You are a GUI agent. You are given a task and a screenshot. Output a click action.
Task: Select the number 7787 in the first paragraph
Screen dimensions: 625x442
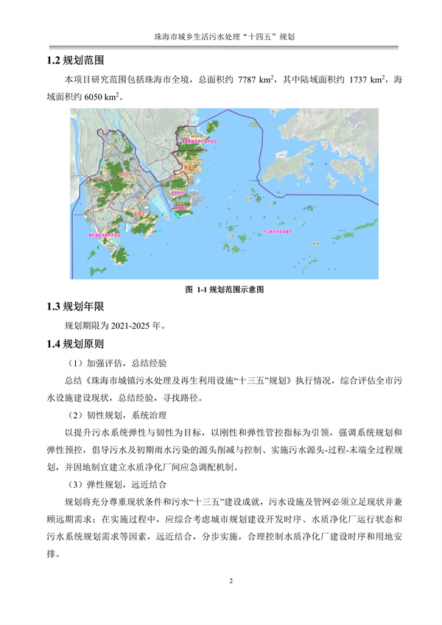coord(256,79)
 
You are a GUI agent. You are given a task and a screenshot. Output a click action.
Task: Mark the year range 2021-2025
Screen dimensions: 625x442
coord(133,325)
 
